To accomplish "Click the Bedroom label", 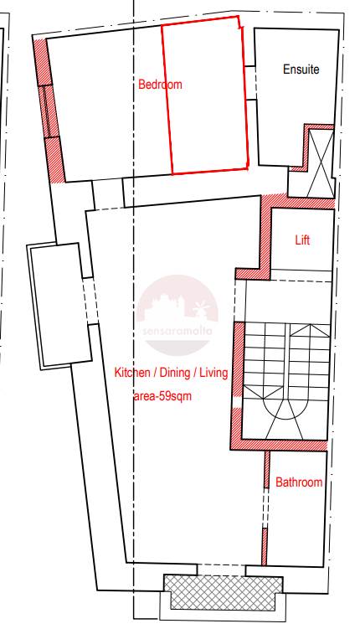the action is click(x=160, y=85).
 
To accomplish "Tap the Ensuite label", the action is click(x=301, y=70).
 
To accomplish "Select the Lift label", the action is click(x=302, y=240).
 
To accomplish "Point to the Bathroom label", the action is click(x=299, y=482).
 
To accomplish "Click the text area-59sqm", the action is click(x=162, y=396).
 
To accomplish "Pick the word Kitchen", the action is click(x=131, y=373).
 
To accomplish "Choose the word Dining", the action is click(x=175, y=373).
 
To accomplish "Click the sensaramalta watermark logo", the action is click(x=177, y=315).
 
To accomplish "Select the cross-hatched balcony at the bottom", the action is click(x=223, y=592).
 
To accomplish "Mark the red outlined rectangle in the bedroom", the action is click(x=205, y=95).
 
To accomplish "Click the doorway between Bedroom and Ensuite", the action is click(x=250, y=82).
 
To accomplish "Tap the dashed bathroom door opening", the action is click(x=265, y=508).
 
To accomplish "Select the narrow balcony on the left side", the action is click(x=59, y=306).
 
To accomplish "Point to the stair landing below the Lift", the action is click(x=288, y=302).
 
